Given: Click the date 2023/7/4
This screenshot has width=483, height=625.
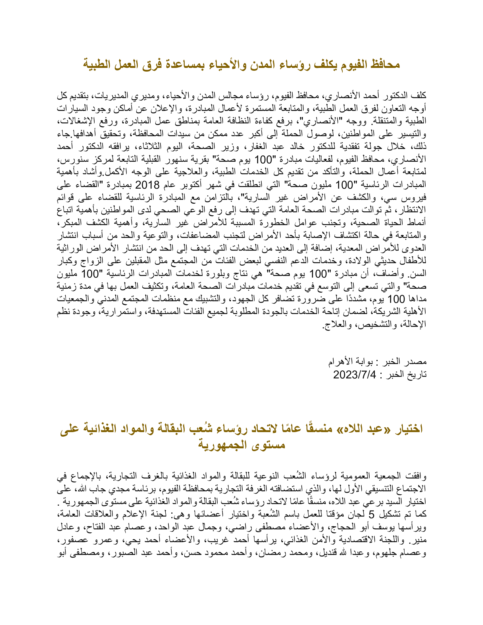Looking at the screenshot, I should [x=355, y=375].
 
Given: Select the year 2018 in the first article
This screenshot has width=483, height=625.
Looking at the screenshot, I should [x=147, y=186].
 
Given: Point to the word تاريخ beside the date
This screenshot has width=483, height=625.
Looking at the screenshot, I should [x=417, y=375].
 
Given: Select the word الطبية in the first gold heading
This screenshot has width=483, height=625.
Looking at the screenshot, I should [x=97, y=64].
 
